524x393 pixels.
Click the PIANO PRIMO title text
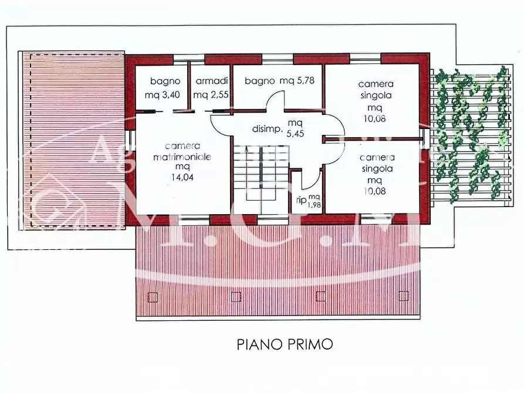(x=285, y=344)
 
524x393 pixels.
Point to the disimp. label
(x=266, y=129)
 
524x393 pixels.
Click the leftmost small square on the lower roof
(x=153, y=297)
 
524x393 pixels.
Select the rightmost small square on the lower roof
(x=403, y=295)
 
